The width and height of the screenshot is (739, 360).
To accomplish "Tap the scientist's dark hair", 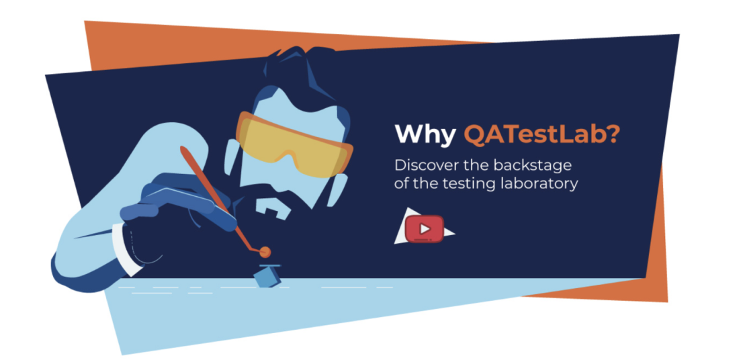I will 296,71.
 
